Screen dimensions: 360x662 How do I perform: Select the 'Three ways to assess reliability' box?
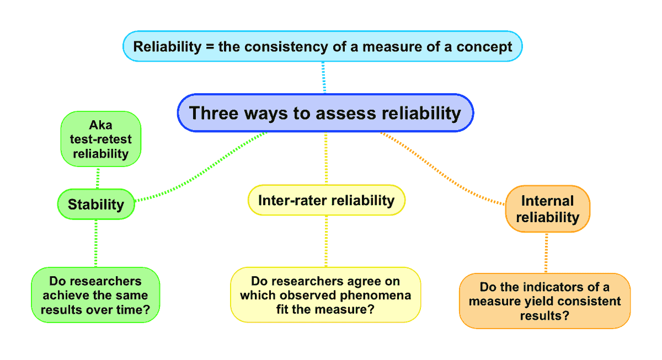tap(325, 113)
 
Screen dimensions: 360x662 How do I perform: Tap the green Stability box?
tap(96, 204)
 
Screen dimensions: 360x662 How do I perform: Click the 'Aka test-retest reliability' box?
tap(100, 139)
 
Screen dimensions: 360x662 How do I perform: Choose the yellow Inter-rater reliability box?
tap(326, 200)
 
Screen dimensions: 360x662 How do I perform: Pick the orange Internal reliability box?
tap(547, 209)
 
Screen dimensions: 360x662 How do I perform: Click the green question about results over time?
tap(95, 295)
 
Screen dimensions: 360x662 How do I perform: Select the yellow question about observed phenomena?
tap(325, 295)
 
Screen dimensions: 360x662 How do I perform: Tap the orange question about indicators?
tap(544, 301)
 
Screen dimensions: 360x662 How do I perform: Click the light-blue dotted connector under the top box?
tap(324, 77)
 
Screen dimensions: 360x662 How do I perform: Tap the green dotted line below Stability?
tap(96, 243)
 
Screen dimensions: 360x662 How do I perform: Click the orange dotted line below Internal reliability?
tap(546, 252)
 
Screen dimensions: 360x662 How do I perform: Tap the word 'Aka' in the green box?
tap(100, 125)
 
